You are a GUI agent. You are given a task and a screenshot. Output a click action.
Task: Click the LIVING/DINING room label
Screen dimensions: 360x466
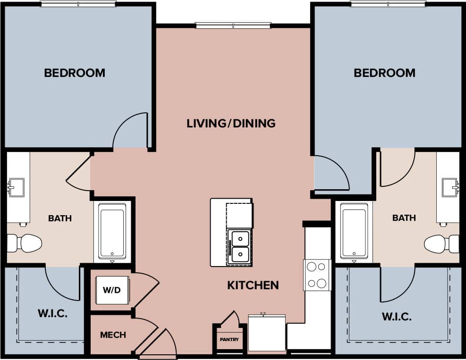coord(231,124)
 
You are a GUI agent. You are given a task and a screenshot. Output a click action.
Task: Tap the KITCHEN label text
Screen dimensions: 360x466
coord(253,285)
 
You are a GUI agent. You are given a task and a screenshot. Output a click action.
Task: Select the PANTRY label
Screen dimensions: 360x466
coord(229,340)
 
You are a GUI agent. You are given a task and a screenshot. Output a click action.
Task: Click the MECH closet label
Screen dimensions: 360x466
coord(113,335)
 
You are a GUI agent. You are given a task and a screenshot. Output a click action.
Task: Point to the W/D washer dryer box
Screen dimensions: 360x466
coord(112,290)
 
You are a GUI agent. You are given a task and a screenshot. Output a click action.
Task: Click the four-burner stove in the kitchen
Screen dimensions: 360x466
coord(317,275)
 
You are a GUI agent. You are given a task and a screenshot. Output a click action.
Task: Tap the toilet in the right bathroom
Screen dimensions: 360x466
coord(441,244)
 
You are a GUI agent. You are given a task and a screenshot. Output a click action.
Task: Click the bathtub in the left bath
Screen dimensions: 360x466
coord(112,231)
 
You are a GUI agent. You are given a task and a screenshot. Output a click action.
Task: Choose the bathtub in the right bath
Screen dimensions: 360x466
coord(354,231)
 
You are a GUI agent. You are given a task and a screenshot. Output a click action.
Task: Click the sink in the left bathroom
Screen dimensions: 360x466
coord(17,187)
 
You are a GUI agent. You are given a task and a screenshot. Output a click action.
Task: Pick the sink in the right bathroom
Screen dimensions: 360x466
coord(449,187)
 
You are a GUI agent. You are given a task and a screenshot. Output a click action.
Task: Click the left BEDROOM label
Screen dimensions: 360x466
coord(75,73)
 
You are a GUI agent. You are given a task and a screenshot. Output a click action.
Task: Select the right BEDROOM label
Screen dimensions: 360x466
coord(384,73)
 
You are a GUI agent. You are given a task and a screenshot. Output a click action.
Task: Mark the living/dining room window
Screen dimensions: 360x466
coord(233,25)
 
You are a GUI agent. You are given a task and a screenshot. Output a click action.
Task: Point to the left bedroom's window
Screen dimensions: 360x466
coord(78,4)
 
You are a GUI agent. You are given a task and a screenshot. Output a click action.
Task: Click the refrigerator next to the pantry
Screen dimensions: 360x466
coord(267,333)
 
